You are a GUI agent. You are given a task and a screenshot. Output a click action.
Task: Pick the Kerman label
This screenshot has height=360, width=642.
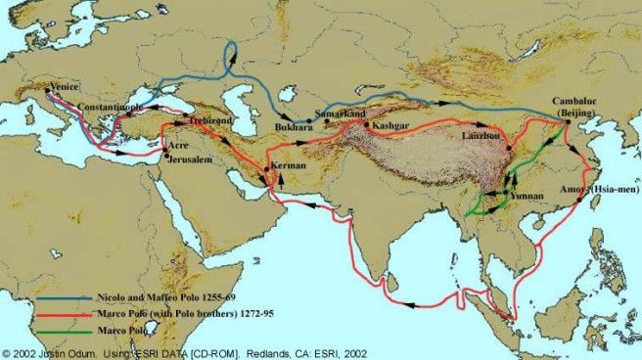[x=288, y=166]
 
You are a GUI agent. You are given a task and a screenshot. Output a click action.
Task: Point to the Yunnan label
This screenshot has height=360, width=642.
[x=530, y=196]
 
